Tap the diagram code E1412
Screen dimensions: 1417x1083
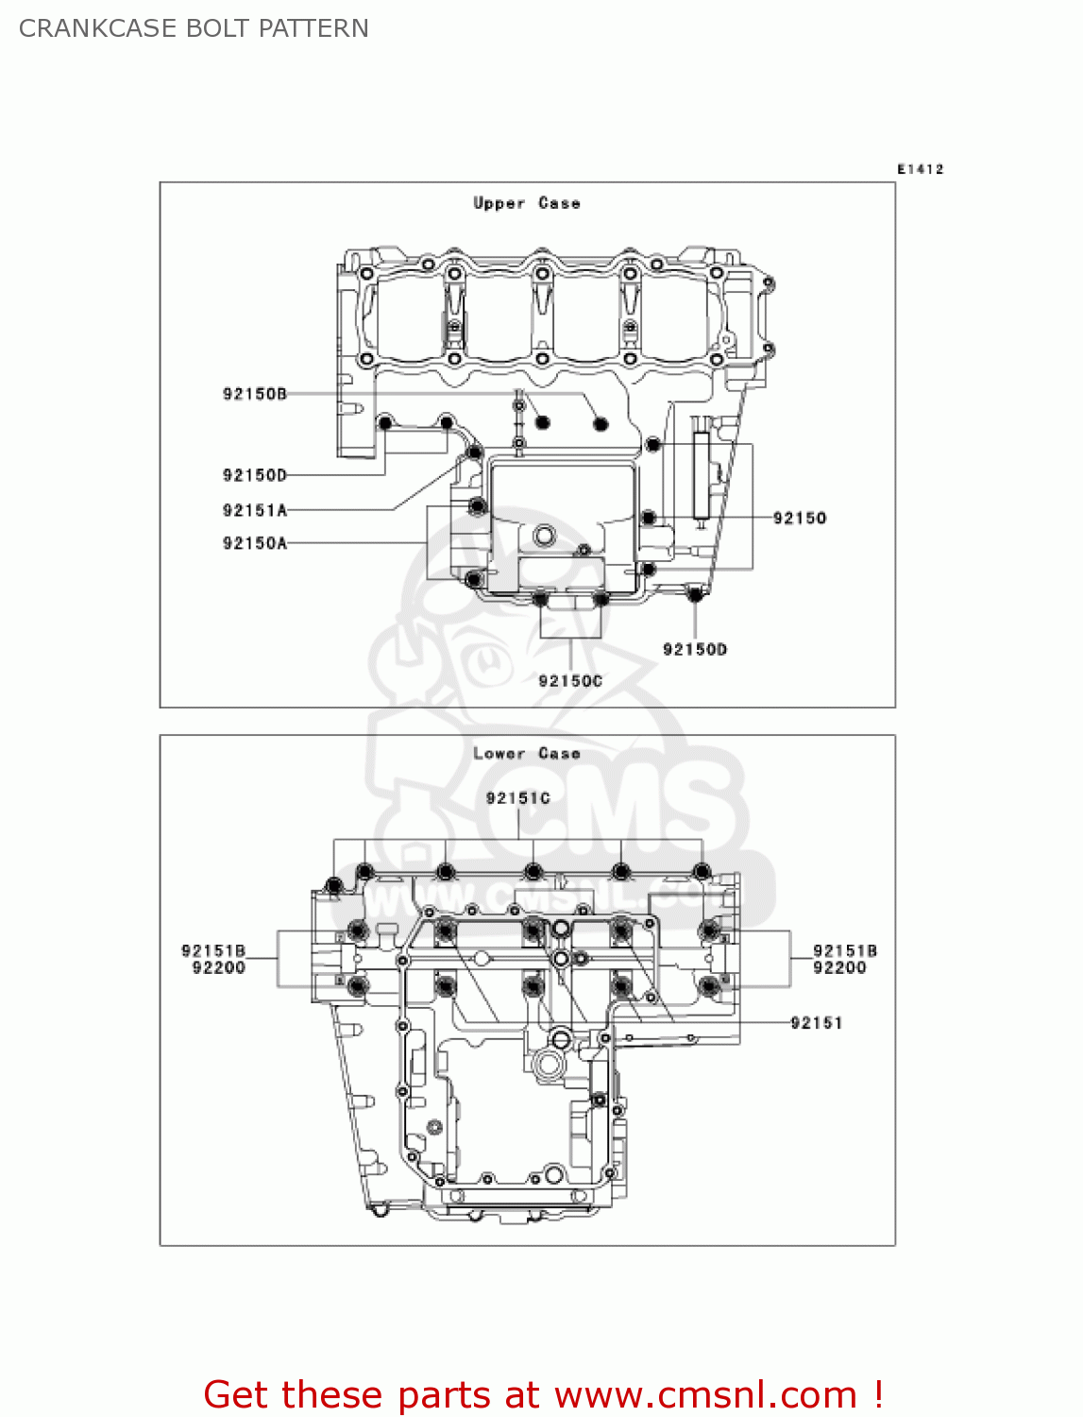click(920, 169)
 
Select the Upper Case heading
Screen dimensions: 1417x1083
click(526, 203)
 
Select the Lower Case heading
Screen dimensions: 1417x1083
click(526, 753)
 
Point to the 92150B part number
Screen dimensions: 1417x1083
click(254, 394)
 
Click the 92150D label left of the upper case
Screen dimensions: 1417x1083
click(254, 475)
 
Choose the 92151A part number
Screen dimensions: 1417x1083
click(254, 510)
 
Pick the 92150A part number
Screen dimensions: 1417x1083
click(254, 543)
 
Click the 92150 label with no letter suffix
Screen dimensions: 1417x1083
click(799, 518)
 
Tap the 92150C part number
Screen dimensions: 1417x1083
click(569, 681)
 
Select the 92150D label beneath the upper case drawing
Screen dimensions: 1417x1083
click(694, 649)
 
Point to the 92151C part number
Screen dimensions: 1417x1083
click(517, 798)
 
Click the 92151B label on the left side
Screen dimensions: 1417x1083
click(213, 950)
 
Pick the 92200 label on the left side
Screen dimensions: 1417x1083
click(218, 967)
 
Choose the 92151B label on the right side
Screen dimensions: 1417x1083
click(844, 950)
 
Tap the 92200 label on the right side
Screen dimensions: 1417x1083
click(839, 967)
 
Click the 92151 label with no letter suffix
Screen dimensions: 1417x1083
click(816, 1022)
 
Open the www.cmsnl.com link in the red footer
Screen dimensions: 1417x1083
click(705, 1394)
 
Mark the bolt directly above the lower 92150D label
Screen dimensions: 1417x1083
click(695, 594)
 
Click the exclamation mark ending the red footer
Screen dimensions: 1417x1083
click(877, 1394)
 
